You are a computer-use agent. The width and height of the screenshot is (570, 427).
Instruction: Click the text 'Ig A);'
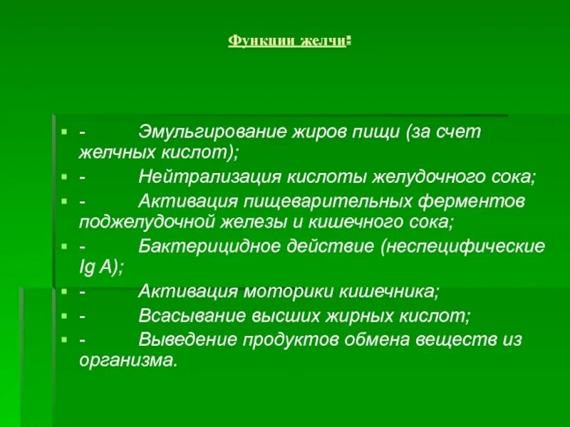coord(101,268)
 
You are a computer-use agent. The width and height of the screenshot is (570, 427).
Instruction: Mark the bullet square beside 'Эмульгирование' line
coord(63,132)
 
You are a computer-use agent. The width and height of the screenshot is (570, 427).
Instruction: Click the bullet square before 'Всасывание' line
coord(63,315)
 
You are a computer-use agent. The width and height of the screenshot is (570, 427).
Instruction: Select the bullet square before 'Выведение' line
coord(63,339)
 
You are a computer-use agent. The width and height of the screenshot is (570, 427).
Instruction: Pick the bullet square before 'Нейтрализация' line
coord(63,176)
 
